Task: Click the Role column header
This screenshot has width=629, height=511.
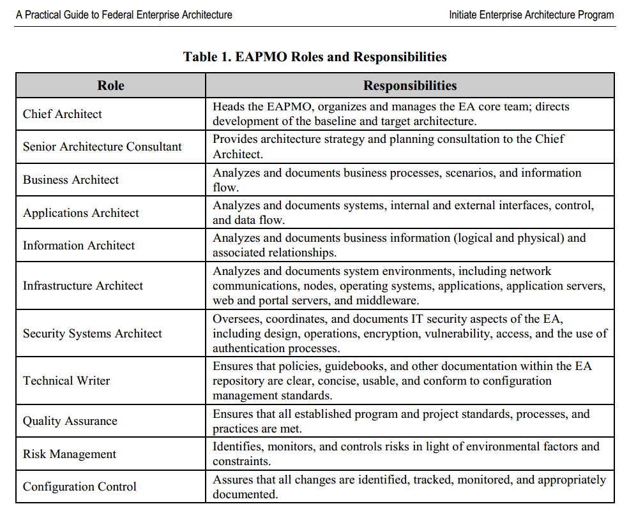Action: click(x=110, y=85)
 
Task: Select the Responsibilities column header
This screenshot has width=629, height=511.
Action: click(x=410, y=85)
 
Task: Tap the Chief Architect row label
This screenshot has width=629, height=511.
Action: click(x=63, y=114)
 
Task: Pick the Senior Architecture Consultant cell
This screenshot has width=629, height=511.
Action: click(x=102, y=147)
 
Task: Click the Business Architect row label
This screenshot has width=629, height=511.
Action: click(x=71, y=180)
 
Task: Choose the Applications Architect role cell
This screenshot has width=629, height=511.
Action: click(x=81, y=213)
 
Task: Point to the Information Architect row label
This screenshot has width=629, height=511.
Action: click(x=79, y=246)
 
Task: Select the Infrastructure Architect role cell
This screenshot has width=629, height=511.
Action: click(x=83, y=286)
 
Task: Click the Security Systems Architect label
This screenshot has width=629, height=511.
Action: click(x=93, y=334)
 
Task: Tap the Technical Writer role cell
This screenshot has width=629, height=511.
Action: click(x=66, y=381)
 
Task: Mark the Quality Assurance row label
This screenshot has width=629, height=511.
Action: click(x=70, y=421)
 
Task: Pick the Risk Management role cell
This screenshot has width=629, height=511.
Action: click(x=70, y=454)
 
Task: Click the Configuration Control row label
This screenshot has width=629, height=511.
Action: click(x=80, y=487)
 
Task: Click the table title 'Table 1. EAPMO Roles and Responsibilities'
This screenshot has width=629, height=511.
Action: click(x=315, y=57)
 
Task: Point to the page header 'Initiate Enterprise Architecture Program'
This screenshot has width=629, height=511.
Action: click(x=531, y=15)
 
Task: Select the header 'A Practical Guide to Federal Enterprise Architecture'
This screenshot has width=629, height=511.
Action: click(x=124, y=15)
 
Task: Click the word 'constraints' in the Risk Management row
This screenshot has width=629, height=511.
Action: click(x=241, y=461)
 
